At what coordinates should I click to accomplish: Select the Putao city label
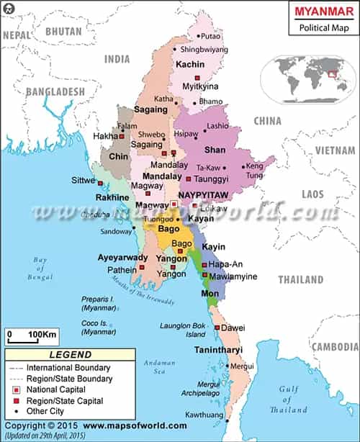pos(211,35)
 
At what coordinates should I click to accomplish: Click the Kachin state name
pos(191,65)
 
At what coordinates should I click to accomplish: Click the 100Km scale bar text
pos(42,335)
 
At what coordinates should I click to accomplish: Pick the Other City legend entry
pos(48,412)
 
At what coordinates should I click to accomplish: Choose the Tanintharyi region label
pos(220,351)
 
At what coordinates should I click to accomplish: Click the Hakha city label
pos(104,135)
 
